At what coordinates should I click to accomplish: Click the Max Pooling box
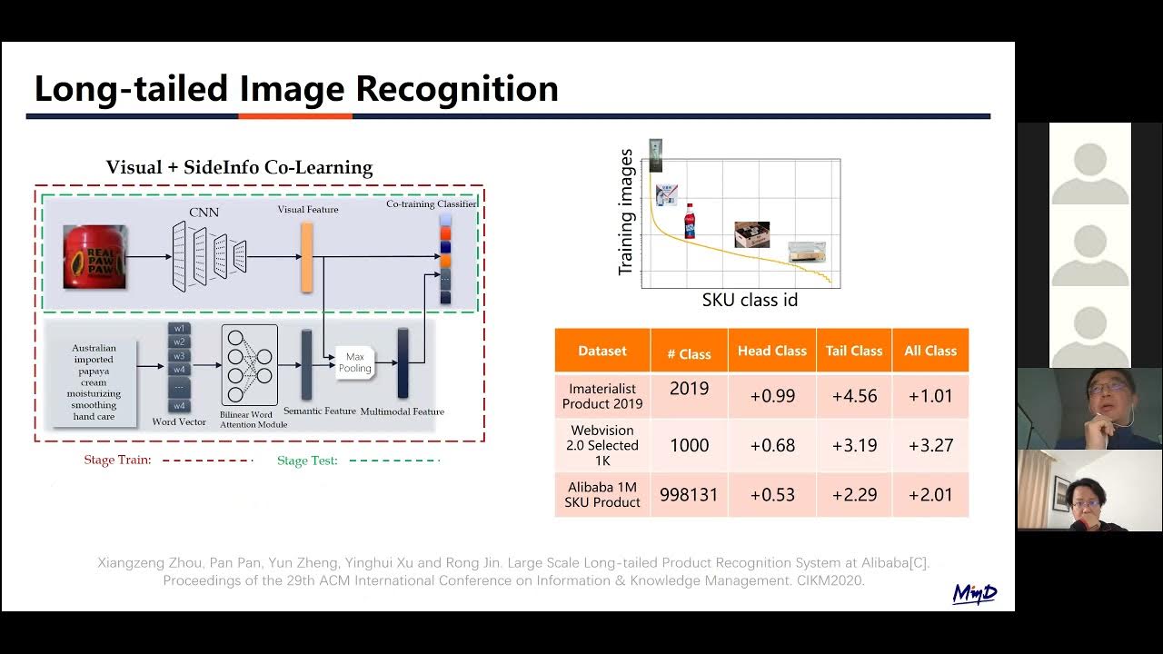point(355,363)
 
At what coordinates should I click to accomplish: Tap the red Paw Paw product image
point(94,256)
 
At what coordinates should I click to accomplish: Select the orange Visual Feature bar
point(307,257)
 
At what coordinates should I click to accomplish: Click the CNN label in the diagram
point(204,213)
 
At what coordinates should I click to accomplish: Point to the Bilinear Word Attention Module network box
point(249,363)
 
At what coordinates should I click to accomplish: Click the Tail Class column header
point(854,351)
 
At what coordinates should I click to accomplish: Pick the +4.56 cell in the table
point(854,395)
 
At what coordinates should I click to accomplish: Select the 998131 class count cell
point(689,494)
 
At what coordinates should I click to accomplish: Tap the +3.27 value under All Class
point(930,445)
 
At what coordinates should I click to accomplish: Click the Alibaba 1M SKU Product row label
point(602,494)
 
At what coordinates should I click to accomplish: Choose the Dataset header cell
point(602,351)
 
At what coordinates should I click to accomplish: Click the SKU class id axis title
point(750,300)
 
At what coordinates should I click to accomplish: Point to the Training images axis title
point(626,213)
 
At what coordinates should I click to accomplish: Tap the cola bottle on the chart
point(690,221)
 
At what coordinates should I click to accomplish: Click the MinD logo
point(974,593)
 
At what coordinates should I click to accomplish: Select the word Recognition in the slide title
point(456,89)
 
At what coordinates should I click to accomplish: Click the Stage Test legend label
point(307,461)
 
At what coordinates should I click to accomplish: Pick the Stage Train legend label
point(117,461)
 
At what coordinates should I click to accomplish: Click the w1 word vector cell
point(180,328)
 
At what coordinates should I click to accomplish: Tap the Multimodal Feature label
point(402,411)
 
